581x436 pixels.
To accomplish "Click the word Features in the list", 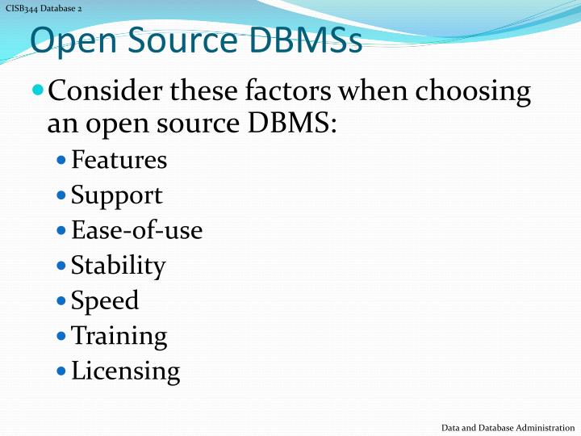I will tap(119, 161).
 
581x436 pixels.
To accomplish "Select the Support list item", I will tap(116, 195).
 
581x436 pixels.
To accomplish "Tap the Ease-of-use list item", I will tap(136, 231).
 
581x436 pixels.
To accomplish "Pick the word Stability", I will tap(118, 266).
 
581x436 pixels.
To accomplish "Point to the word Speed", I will tap(105, 301).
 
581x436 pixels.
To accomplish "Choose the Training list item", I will tap(119, 336).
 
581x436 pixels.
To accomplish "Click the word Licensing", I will tap(125, 371).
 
